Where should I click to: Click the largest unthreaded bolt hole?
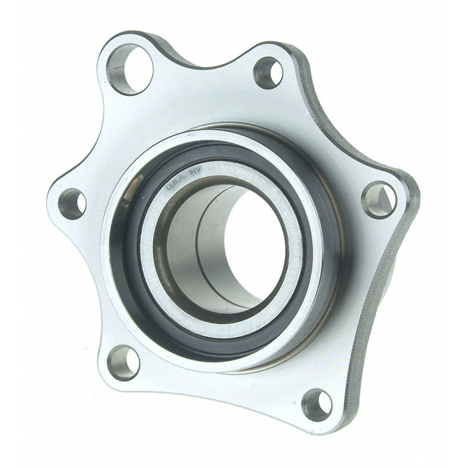click(x=130, y=68)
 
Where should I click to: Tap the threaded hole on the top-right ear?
click(x=269, y=73)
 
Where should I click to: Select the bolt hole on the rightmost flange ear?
click(x=379, y=199)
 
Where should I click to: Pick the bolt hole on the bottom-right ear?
click(x=318, y=403)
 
